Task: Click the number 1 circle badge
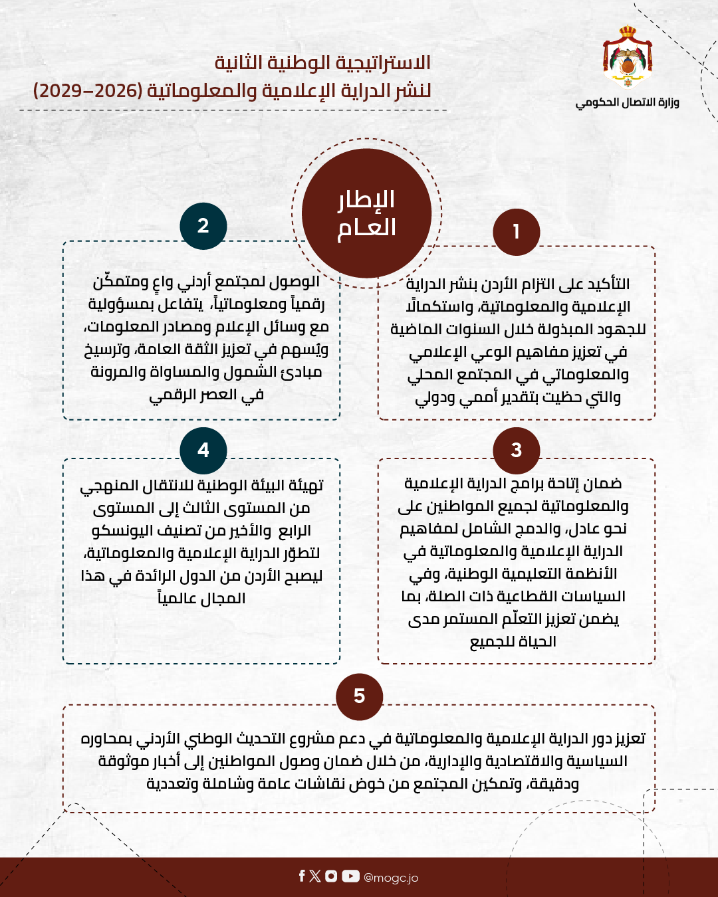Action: [x=517, y=232]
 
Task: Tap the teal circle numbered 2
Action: [x=203, y=226]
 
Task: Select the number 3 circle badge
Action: [x=517, y=450]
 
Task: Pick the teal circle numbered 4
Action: [x=203, y=450]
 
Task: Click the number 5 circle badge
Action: [x=359, y=696]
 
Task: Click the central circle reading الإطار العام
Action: [x=366, y=213]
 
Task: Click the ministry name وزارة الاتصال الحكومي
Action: [x=628, y=102]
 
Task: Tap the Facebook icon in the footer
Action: [x=302, y=876]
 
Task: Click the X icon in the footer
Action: [x=315, y=876]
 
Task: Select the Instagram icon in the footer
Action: [x=331, y=876]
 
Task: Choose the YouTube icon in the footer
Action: [x=350, y=876]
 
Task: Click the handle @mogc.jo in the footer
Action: [x=391, y=878]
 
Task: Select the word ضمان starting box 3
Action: [x=603, y=484]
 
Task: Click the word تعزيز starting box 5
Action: [x=629, y=739]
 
